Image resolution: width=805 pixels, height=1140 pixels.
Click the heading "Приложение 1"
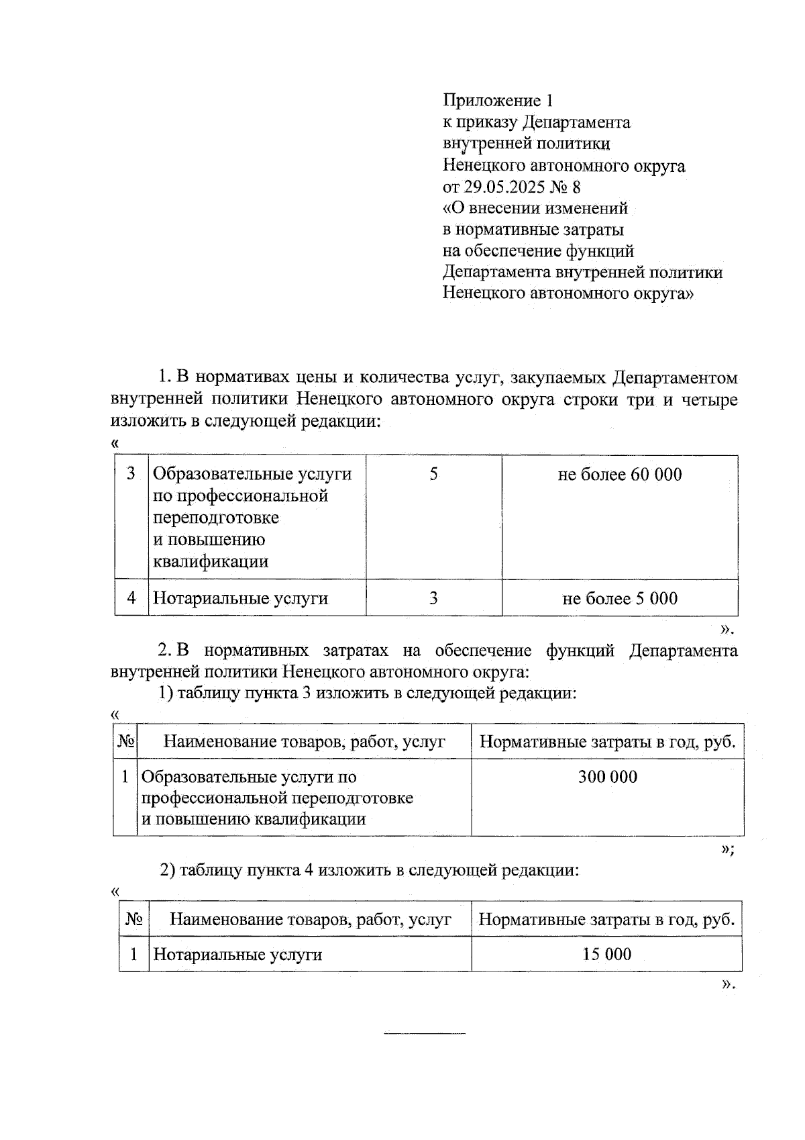(498, 101)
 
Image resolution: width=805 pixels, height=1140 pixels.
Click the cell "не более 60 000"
(619, 475)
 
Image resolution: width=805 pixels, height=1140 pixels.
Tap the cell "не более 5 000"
(619, 598)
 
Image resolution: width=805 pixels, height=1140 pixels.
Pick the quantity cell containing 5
(433, 475)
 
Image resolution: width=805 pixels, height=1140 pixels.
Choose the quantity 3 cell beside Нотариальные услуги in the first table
(433, 598)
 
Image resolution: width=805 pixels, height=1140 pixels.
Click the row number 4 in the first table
(131, 598)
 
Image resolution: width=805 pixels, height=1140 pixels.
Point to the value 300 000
(607, 777)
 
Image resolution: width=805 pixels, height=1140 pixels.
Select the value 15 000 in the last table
(606, 955)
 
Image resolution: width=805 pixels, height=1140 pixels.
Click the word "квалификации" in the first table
(211, 561)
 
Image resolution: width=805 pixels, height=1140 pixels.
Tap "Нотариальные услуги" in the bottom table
(237, 955)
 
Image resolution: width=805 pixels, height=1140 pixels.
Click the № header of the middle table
(125, 742)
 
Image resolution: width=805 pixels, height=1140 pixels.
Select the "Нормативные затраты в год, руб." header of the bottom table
(606, 920)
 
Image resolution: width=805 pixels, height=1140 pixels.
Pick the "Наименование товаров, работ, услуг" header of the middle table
(304, 742)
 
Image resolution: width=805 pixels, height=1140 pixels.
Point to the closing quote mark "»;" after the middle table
(727, 849)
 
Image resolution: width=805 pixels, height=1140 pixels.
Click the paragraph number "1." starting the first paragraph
(165, 378)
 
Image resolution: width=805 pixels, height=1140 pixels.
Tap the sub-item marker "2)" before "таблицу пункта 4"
(167, 871)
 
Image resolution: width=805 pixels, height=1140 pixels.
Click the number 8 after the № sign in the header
(576, 187)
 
